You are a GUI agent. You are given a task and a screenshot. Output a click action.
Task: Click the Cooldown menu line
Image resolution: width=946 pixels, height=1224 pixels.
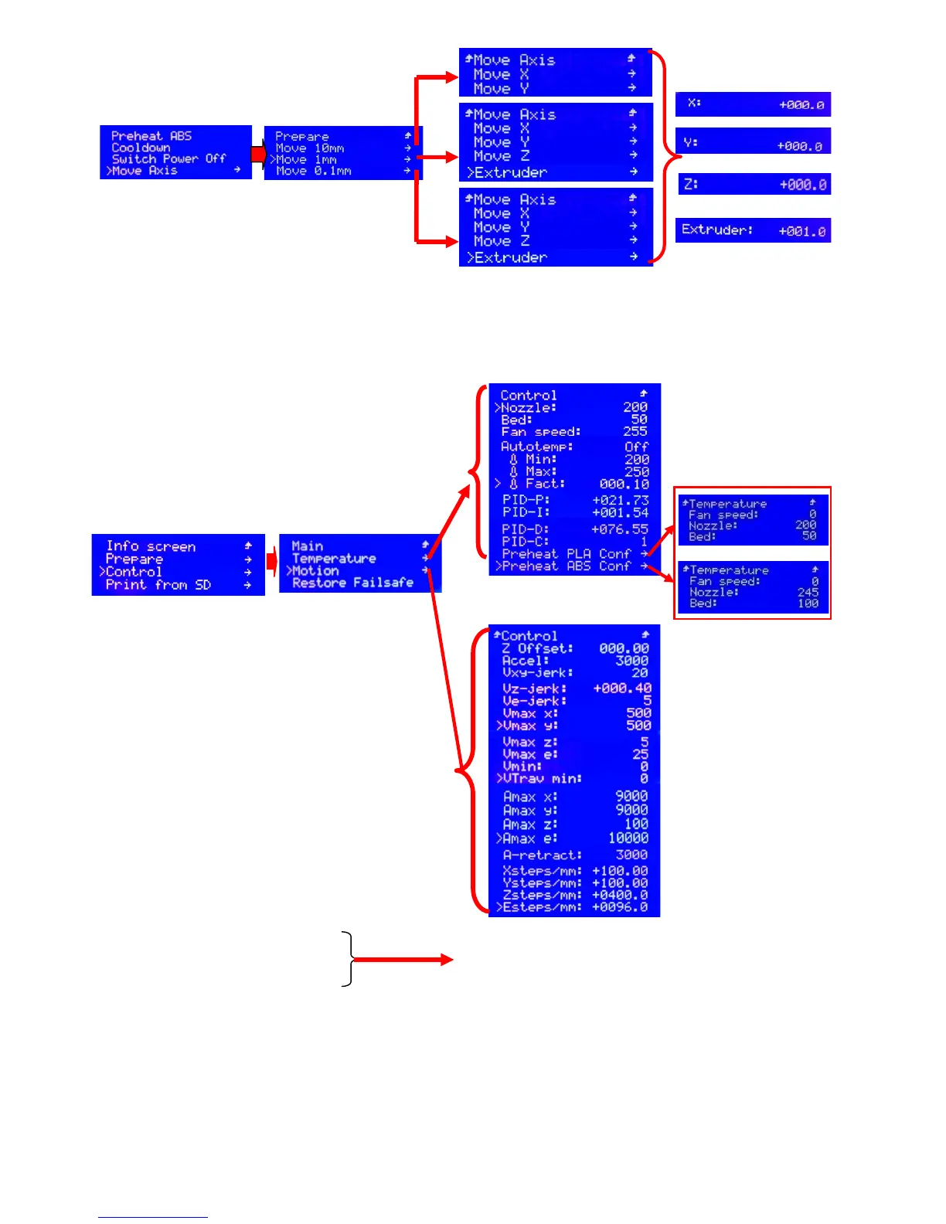click(141, 148)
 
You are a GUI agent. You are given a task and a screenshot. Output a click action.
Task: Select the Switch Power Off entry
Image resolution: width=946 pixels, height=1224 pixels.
click(168, 158)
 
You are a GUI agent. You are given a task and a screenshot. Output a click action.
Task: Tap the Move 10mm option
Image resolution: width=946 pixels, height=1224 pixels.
click(310, 148)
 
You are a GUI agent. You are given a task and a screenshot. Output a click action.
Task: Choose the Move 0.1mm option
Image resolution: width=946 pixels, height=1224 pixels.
click(313, 171)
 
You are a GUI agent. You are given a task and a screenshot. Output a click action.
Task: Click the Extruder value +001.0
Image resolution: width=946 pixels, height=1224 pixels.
click(802, 231)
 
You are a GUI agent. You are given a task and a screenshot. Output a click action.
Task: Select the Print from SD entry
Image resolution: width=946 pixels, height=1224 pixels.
click(158, 585)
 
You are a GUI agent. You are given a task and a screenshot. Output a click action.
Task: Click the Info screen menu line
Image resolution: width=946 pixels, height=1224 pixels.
click(151, 546)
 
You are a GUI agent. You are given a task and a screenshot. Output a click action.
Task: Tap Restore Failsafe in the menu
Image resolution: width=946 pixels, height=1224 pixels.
click(352, 583)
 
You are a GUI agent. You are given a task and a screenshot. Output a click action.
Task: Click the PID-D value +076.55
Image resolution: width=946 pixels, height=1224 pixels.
click(620, 529)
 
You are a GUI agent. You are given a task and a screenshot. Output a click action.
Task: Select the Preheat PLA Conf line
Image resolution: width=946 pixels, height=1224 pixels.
click(567, 554)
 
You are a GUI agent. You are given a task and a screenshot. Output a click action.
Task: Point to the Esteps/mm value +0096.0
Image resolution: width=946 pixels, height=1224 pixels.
click(620, 907)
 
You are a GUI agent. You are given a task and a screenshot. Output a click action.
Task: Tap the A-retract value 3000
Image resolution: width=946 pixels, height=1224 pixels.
click(631, 855)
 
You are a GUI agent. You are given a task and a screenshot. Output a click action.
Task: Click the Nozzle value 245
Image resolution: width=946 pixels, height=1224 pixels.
click(808, 593)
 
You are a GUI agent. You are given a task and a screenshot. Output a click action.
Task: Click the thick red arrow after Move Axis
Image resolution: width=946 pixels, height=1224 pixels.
click(258, 155)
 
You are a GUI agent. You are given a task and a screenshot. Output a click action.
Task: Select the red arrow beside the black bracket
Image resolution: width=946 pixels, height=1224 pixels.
click(402, 960)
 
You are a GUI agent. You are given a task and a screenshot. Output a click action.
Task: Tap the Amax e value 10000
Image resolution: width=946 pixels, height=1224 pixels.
click(628, 838)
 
